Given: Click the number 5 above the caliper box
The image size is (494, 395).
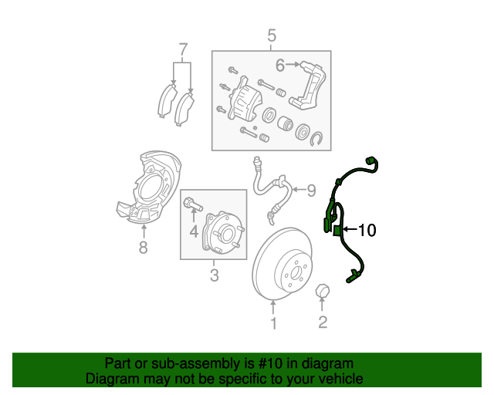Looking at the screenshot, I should point(271,35).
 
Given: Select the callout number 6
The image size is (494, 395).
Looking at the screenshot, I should point(280,65).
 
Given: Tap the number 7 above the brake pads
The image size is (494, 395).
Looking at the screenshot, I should point(183,51).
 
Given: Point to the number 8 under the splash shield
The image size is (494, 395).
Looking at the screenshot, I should point(143,247).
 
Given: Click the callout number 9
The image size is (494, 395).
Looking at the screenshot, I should point(311,190).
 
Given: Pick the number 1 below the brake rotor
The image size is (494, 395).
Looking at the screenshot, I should point(272,323).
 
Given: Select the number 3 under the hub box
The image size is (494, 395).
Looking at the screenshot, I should point(214,275).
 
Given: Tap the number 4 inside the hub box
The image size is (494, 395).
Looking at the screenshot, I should point(194,230).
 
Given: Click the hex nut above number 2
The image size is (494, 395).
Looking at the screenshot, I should point(323,291).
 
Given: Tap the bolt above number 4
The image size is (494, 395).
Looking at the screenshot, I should point(191,205).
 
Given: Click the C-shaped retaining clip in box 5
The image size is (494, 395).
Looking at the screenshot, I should point(318,139).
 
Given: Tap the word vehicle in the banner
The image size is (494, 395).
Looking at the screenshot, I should point(339,379).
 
